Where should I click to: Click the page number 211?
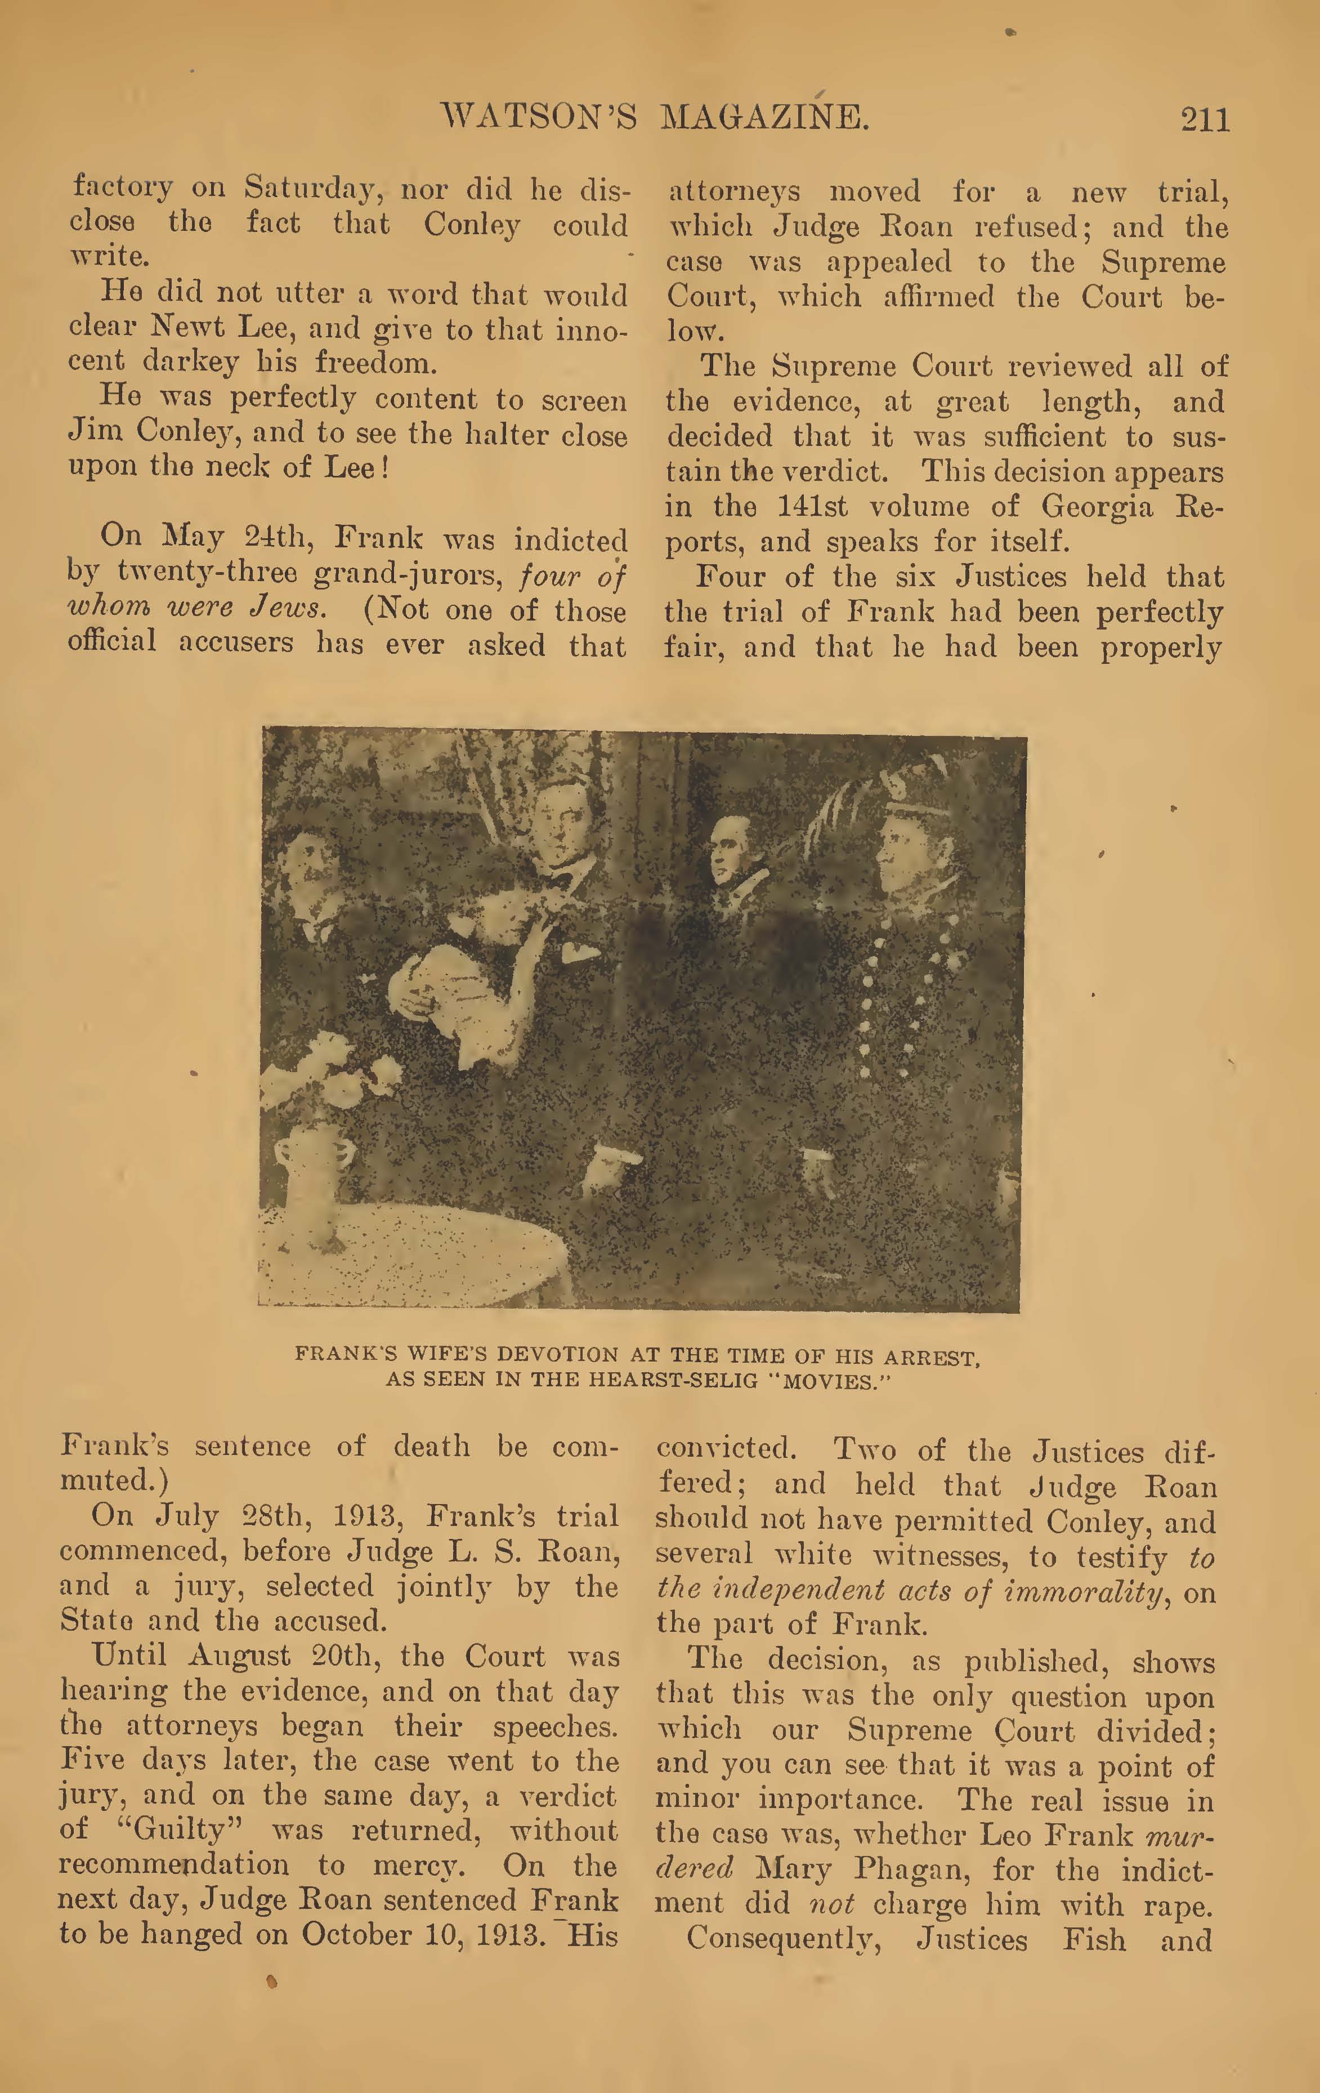pyautogui.click(x=1205, y=119)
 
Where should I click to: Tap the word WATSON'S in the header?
pyautogui.click(x=539, y=117)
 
